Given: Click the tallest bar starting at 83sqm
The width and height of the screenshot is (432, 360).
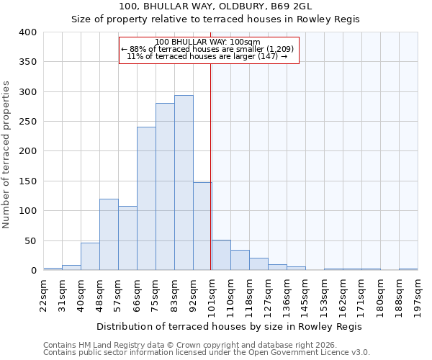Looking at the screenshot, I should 184,183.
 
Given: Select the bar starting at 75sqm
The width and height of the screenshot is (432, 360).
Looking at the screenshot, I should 165,186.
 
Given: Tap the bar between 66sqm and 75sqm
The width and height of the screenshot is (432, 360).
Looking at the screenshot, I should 146,199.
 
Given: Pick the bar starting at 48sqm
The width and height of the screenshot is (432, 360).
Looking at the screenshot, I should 109,235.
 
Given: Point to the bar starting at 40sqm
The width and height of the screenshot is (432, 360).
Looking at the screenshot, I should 90,256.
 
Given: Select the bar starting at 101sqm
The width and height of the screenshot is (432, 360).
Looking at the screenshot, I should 221,256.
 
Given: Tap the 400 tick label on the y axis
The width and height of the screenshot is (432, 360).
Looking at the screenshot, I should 27,32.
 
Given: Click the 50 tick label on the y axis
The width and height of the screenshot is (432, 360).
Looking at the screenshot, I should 30,240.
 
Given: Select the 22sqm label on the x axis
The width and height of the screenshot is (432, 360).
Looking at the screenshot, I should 43,293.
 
